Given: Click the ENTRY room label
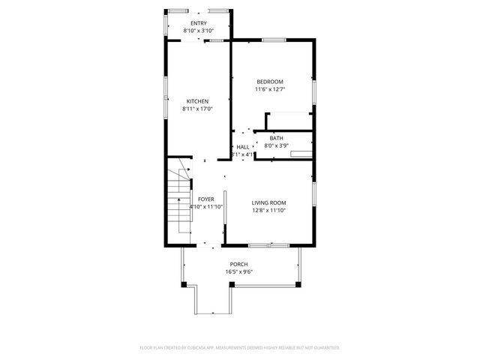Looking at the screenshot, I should coord(198,24).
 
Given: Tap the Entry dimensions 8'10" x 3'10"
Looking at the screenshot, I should coord(198,31).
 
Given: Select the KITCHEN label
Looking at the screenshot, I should coord(197,101).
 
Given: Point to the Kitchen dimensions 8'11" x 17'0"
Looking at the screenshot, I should coord(197,109).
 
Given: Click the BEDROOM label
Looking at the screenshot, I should coord(270,82).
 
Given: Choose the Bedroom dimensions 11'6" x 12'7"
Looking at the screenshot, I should coord(270,89).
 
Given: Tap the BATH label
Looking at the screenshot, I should coord(277,138).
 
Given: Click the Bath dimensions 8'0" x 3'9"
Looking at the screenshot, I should coord(277,145).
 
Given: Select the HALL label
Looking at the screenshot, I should coord(243,147).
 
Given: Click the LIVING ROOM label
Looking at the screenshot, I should coord(268,202).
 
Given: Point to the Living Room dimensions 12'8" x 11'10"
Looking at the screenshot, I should coord(268,210).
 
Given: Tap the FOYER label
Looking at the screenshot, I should coord(205,199).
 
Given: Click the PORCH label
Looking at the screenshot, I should coord(238,264).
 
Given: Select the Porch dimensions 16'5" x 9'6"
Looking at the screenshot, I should coord(238,271).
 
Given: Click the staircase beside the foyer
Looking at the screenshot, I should coord(178,202).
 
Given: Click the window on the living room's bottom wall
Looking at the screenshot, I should coord(269,244).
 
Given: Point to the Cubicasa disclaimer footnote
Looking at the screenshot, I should coord(240,348).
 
